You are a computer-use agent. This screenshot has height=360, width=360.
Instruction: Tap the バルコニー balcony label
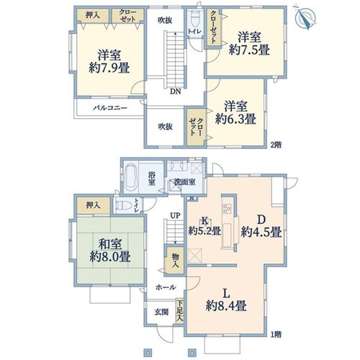110,108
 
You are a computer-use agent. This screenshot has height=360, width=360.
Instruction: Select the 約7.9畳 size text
109,68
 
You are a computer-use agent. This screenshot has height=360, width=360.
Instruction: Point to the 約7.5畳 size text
249,50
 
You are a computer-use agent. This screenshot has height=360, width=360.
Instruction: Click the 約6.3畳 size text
235,119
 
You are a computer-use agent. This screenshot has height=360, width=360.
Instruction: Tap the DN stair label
176,91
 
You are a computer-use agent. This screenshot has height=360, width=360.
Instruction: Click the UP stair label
175,215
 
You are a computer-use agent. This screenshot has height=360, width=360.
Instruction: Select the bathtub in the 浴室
130,177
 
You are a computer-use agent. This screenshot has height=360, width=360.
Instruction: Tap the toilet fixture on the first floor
124,206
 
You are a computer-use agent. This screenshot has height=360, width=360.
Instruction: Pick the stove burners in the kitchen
227,208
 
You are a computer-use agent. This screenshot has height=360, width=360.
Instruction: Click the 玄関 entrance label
161,312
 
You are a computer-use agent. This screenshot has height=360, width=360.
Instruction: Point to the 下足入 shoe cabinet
180,311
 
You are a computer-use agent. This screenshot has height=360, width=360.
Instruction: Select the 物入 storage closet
175,261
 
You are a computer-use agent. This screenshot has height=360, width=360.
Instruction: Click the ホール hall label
166,287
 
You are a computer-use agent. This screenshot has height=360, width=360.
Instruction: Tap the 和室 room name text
110,244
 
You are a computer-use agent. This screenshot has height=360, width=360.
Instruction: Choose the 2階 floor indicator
276,145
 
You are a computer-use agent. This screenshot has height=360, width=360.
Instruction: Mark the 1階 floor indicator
276,334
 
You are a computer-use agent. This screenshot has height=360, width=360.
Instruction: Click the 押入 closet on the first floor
94,205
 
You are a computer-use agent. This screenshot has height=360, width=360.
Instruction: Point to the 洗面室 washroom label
185,182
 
